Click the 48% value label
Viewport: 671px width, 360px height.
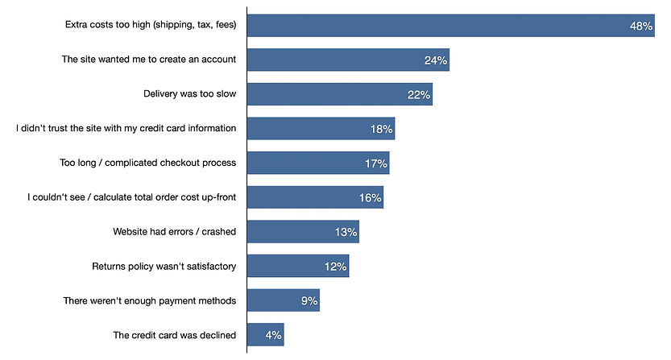pos(641,26)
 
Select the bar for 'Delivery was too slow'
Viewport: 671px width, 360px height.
pos(339,94)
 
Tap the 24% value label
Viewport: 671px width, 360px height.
pos(436,60)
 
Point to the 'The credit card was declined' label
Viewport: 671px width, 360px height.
pos(174,335)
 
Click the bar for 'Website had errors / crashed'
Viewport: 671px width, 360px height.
pos(302,232)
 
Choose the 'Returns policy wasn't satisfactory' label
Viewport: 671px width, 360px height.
pos(164,266)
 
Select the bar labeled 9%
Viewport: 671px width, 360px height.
pos(283,301)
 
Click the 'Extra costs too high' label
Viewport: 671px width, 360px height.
pos(151,25)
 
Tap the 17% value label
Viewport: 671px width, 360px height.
pos(376,163)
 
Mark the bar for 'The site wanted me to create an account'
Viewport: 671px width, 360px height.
pos(347,60)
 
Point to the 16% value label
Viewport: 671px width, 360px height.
pos(371,197)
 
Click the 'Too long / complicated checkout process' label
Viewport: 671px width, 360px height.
pos(148,163)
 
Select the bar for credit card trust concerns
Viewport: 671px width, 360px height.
pos(321,129)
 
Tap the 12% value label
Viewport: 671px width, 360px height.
pos(336,267)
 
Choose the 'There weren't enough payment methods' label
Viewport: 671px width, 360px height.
pos(150,300)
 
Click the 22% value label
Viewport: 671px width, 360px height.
pos(419,95)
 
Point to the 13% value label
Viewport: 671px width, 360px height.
pos(346,233)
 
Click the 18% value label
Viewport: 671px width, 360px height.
pos(382,129)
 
